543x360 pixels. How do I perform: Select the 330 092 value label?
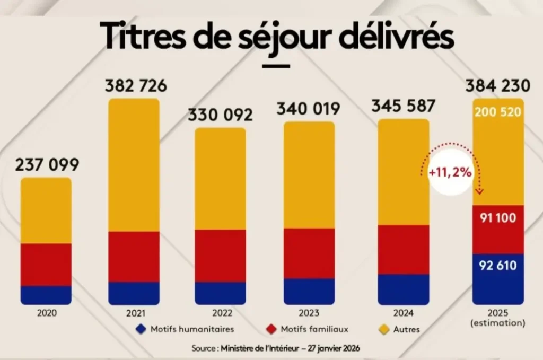tap(220, 115)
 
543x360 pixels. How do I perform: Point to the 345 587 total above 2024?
tap(403, 105)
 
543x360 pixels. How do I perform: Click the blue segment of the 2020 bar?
tap(46, 295)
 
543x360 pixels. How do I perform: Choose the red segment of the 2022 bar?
tap(220, 256)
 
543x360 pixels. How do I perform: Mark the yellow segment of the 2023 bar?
tap(309, 175)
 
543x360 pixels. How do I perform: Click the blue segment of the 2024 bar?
tap(403, 289)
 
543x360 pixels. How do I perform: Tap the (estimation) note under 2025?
tap(498, 322)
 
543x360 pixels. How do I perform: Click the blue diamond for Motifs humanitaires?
tap(140, 329)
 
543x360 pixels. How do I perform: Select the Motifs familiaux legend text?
tap(315, 329)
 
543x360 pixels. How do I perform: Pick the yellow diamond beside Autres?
tap(382, 329)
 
